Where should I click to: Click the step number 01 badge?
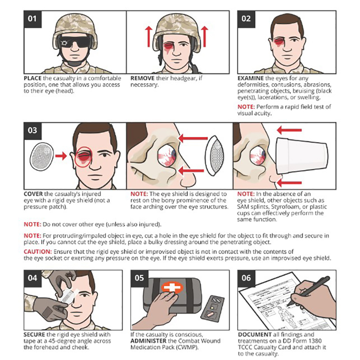(x=32, y=19)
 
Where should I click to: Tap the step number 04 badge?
(x=32, y=278)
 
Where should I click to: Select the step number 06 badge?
(x=246, y=278)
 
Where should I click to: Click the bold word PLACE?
(x=32, y=78)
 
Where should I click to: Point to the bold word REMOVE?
(x=142, y=78)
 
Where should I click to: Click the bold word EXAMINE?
(x=251, y=78)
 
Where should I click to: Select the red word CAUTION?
(x=38, y=252)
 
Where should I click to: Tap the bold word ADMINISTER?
(x=148, y=341)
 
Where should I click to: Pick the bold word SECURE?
(x=34, y=334)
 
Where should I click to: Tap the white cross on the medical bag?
(x=172, y=287)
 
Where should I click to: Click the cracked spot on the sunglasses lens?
(x=64, y=43)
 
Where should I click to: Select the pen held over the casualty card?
(x=311, y=290)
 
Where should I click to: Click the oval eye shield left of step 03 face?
(x=42, y=157)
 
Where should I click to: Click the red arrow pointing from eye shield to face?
(x=61, y=156)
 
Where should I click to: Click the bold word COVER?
(x=33, y=194)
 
